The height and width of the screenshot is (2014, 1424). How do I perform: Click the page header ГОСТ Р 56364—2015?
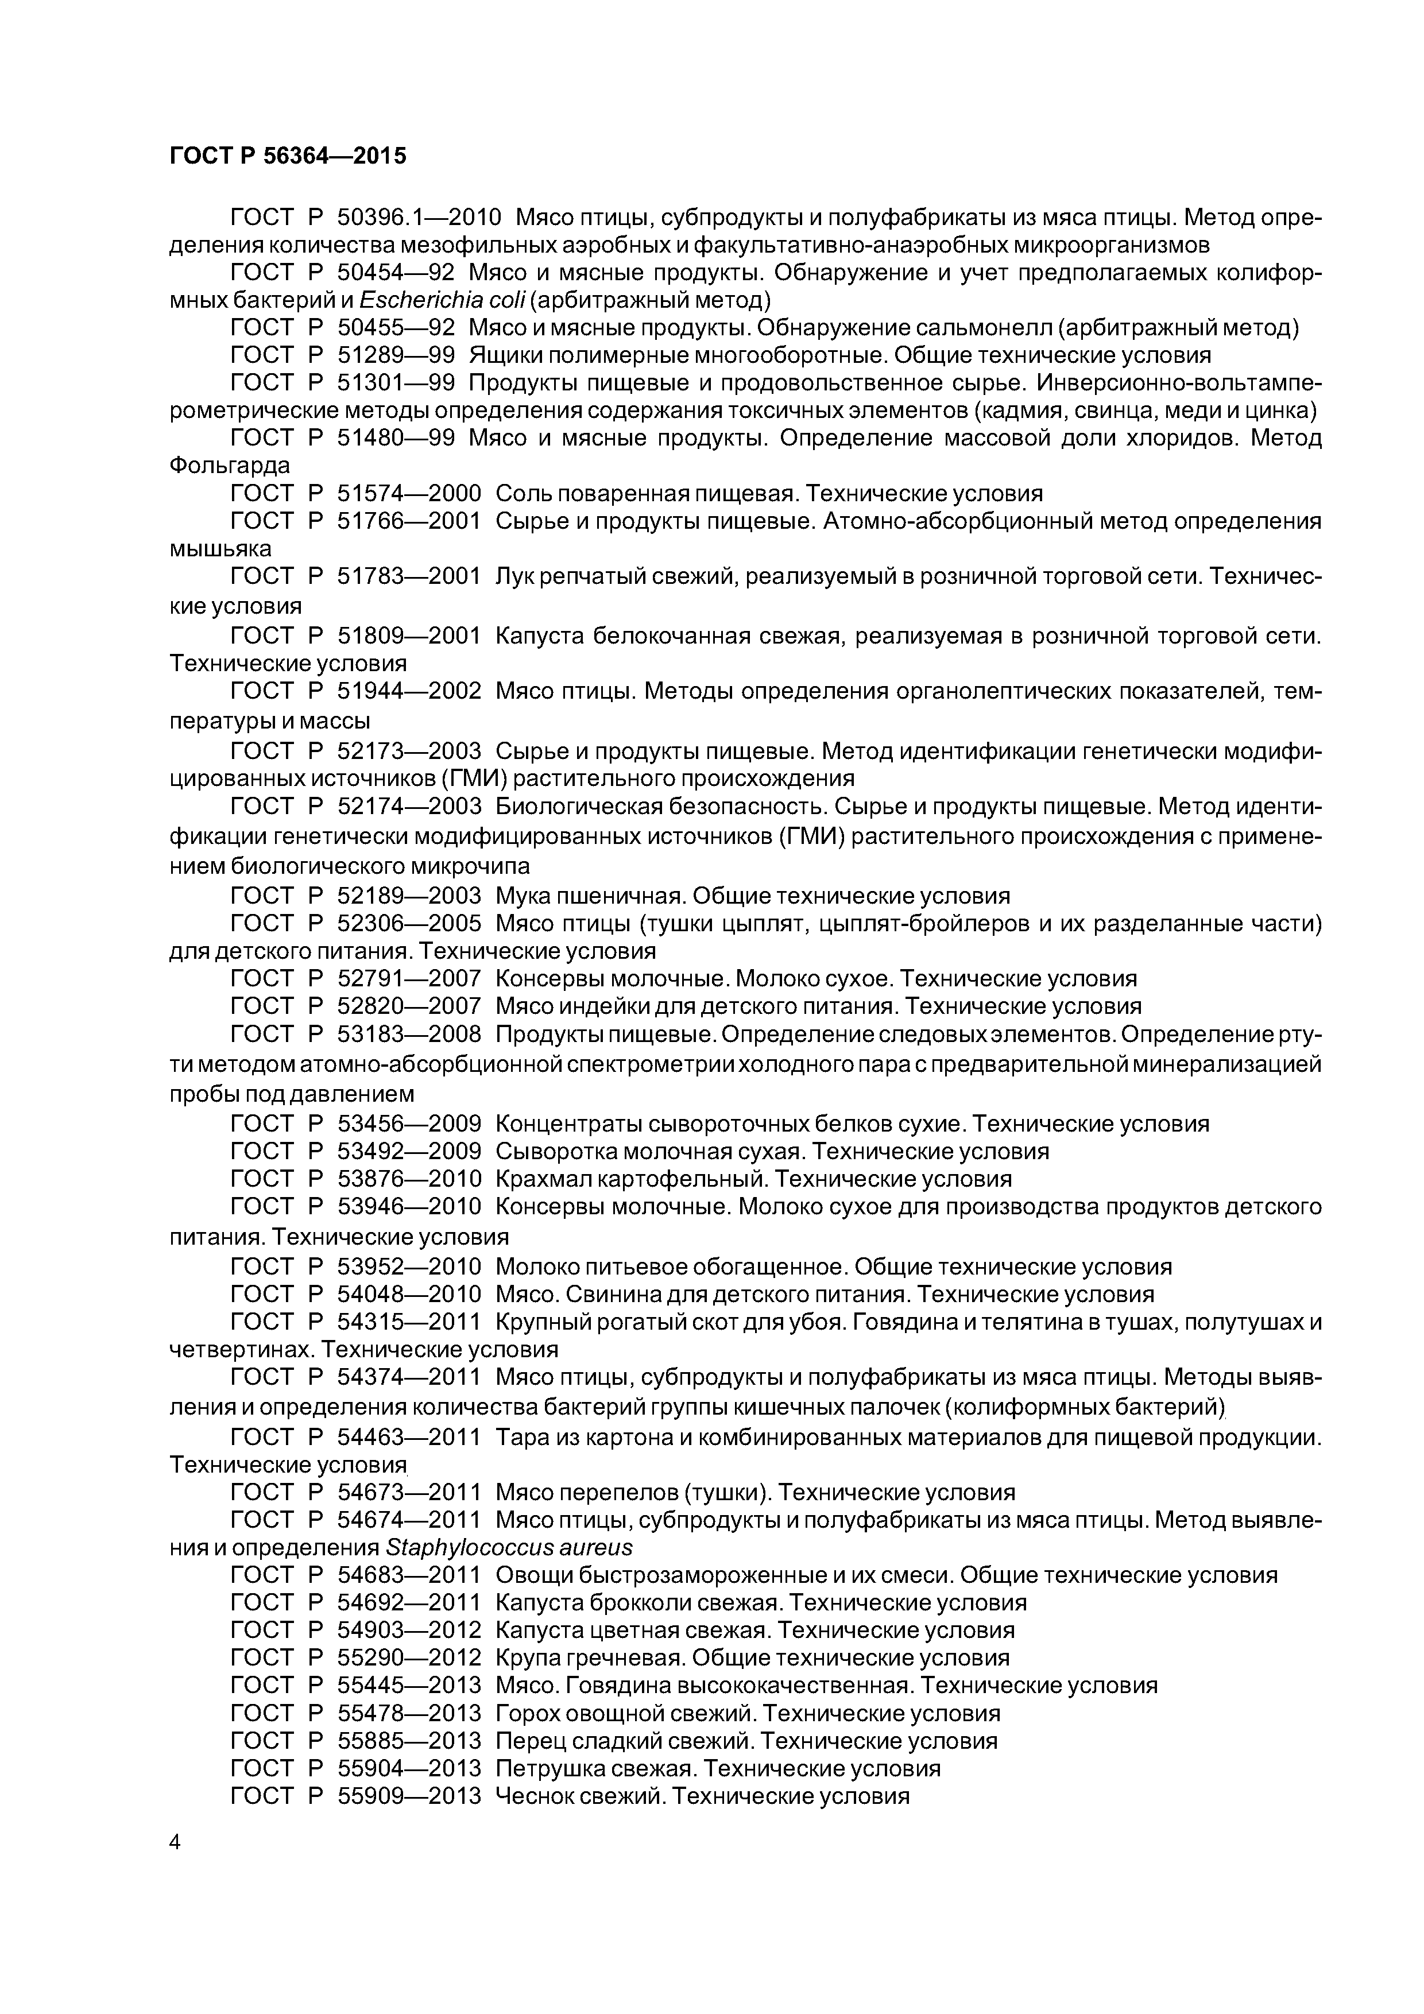pos(288,156)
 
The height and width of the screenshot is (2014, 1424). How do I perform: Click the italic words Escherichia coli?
pos(442,300)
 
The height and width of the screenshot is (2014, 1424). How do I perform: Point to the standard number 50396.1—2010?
pos(419,216)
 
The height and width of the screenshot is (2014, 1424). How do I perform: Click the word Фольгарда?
pos(229,465)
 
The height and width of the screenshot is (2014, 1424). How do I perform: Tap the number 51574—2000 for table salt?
pos(409,493)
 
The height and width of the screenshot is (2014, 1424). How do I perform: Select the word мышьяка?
pos(220,549)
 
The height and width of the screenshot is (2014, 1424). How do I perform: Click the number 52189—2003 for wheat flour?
pos(409,896)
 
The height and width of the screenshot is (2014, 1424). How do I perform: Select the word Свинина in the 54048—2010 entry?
pos(620,1294)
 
